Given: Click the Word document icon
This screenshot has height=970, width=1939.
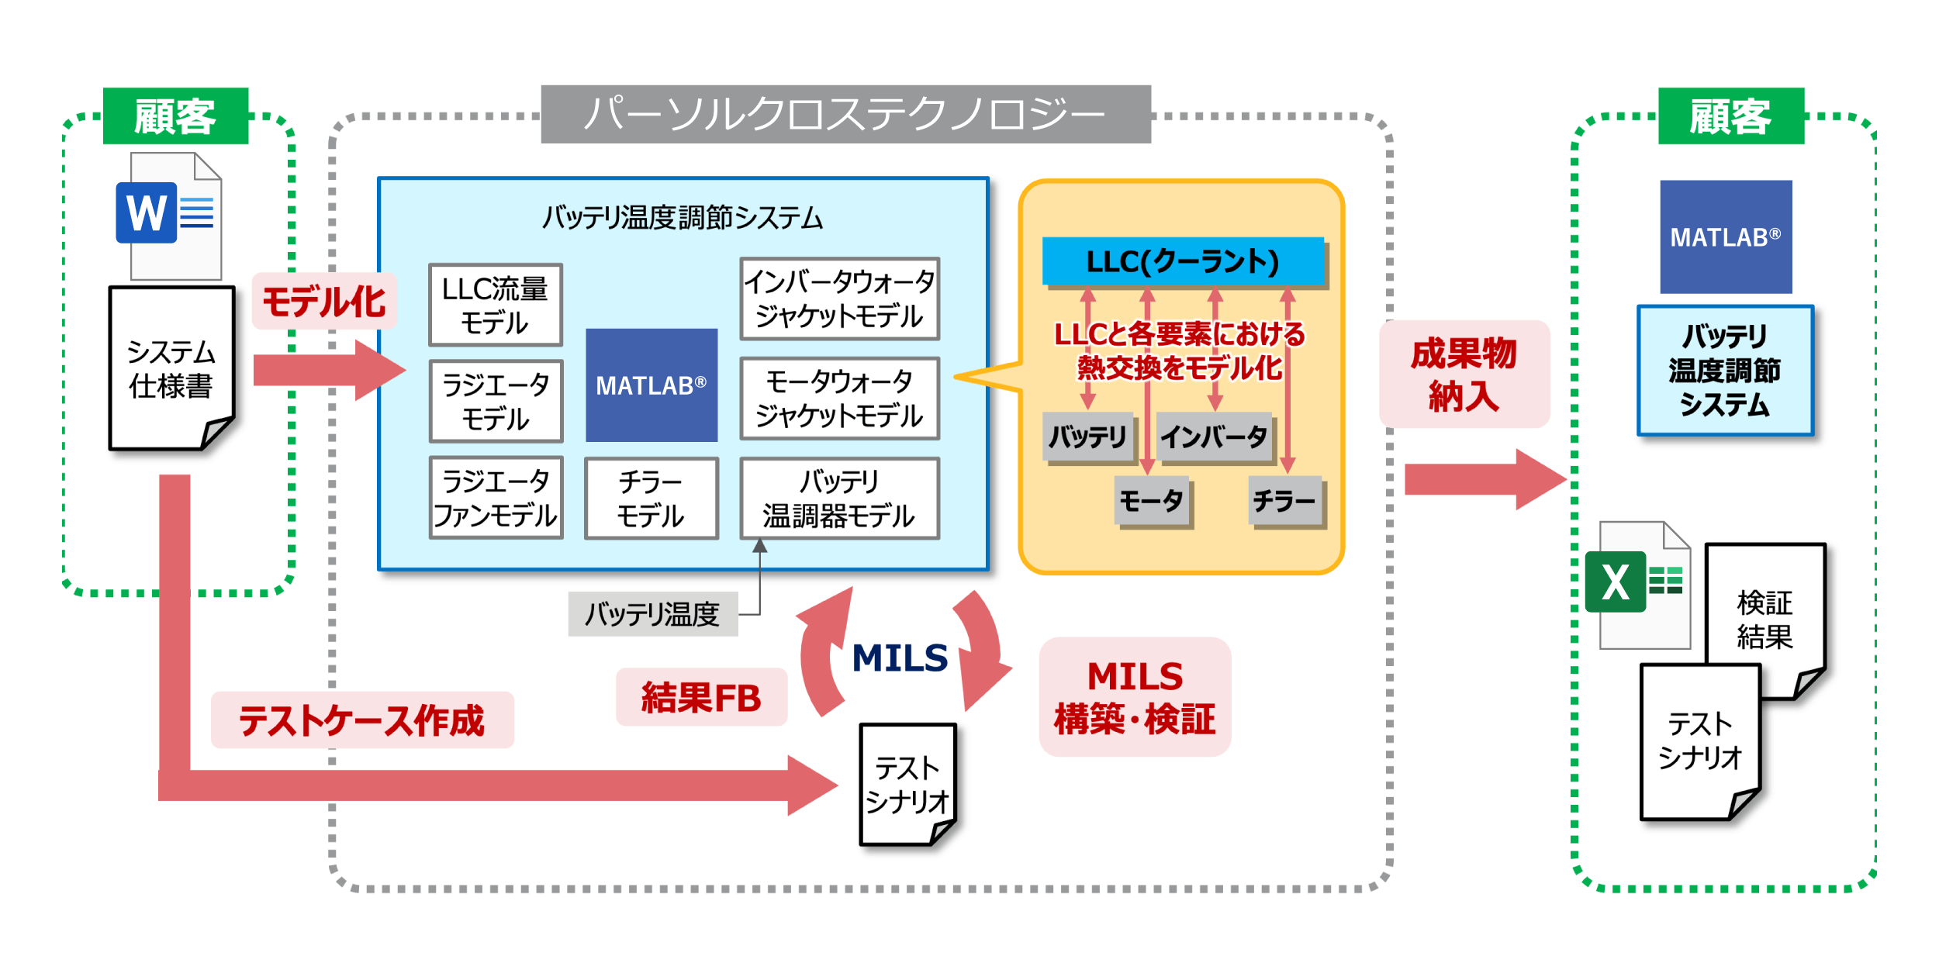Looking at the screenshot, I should pos(169,215).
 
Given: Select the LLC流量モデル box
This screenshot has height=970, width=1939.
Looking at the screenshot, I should pos(495,305).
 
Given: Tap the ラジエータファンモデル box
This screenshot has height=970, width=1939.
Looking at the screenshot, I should pos(496,498).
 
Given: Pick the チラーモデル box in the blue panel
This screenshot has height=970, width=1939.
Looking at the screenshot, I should pos(651,498).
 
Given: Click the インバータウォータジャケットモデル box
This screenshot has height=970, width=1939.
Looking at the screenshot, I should pos(839,299).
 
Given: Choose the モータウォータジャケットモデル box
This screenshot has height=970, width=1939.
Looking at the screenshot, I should pos(839,399).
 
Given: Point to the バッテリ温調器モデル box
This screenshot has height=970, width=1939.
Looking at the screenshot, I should pos(839,498).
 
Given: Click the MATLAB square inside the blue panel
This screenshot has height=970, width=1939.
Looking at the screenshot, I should pos(651,385).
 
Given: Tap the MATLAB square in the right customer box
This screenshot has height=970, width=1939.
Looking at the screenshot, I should pos(1725,236).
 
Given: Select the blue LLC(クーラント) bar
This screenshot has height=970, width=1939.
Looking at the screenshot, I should pos(1182,261).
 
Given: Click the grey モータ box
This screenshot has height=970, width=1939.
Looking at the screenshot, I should pos(1152,501).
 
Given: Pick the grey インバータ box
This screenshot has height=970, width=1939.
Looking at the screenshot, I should pos(1213,437).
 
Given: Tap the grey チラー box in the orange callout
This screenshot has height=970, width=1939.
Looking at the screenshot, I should pos(1284,501).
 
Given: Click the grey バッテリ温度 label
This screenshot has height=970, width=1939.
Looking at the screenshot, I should pos(652,614).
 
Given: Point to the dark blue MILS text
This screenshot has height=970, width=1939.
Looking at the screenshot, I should pos(900,658).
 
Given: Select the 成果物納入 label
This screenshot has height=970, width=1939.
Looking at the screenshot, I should pos(1464,374).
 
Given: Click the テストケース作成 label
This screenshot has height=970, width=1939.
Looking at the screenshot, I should pos(361,720).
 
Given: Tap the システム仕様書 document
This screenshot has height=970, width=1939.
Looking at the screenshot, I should pos(171,368).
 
